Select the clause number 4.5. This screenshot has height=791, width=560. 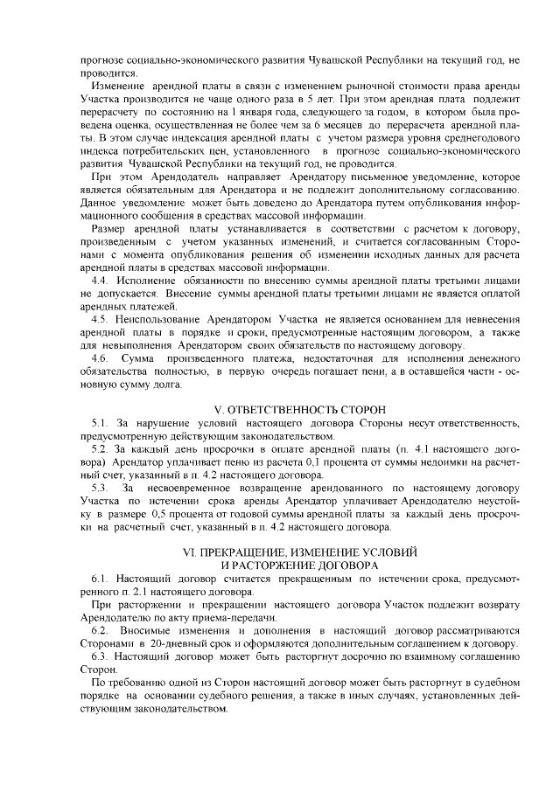100,321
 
